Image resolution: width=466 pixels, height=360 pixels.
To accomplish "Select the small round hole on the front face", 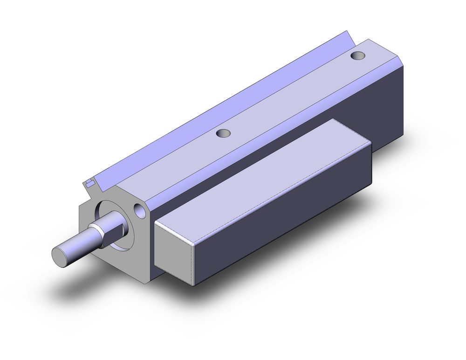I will coord(139,210).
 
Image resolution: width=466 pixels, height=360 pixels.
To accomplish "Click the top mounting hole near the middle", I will coord(225,134).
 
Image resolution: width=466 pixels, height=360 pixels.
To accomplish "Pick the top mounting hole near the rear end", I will coord(357,56).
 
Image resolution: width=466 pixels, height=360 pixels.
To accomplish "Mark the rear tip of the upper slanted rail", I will coord(347,34).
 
